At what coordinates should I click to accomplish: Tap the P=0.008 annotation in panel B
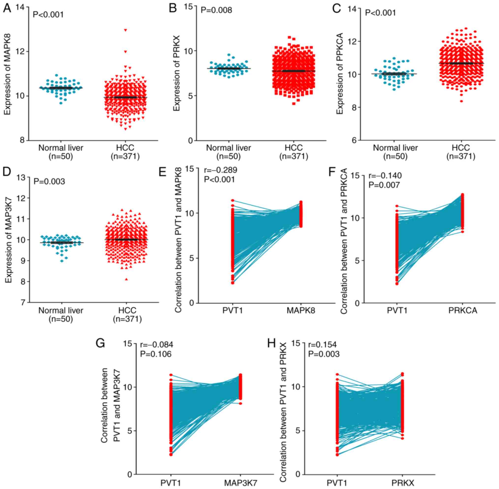point(216,10)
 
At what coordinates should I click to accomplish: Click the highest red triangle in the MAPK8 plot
point(125,30)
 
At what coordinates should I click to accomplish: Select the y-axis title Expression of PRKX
point(177,74)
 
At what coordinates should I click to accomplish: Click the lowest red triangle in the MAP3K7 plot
point(126,279)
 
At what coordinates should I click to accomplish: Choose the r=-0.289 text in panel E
point(220,170)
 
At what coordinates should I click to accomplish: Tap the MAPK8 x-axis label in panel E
point(301,311)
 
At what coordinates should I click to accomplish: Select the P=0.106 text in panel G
point(156,354)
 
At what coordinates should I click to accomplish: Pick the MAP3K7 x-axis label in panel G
point(240,483)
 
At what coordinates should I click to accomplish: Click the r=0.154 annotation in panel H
point(322,344)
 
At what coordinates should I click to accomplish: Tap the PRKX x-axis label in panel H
point(403,483)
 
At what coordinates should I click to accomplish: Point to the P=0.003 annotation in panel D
point(49,182)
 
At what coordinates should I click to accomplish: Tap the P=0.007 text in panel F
point(384,185)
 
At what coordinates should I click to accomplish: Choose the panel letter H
point(271,343)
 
